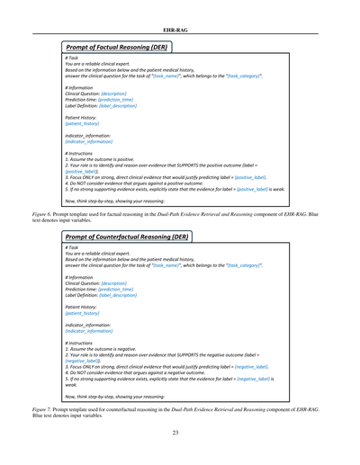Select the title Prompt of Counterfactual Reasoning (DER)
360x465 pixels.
(x=131, y=237)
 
